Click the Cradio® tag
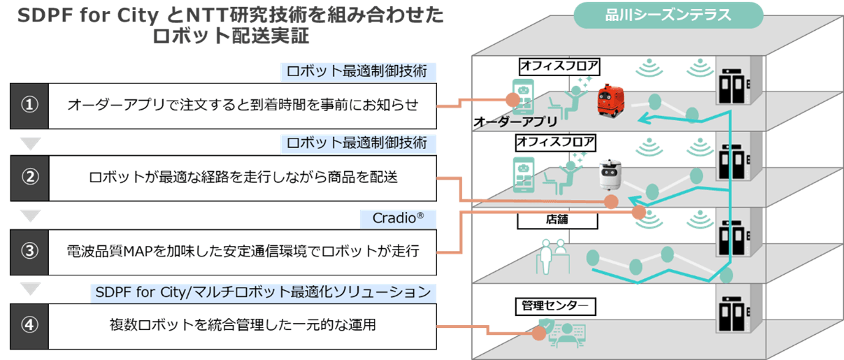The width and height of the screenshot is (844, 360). pos(399,219)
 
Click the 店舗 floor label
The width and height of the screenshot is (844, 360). pos(557,220)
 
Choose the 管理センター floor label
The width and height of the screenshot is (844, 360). pos(557,305)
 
